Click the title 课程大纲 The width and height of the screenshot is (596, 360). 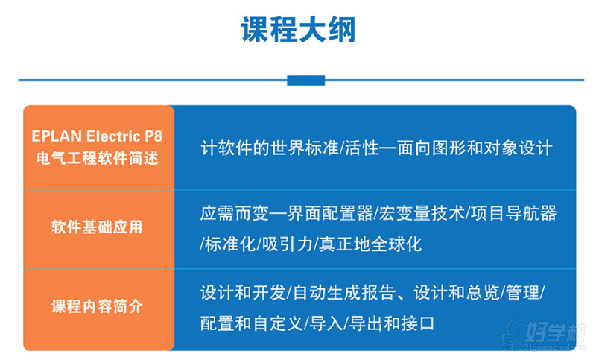299,30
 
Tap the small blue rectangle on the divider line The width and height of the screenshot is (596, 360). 306,80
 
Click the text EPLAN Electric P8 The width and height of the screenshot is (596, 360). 97,136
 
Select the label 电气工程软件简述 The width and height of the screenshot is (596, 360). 98,158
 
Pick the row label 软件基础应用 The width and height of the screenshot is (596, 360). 97,227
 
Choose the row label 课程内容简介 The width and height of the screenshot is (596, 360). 97,306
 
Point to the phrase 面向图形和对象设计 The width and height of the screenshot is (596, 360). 475,148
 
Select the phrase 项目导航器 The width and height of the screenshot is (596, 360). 513,213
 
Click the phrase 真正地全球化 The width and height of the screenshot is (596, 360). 370,244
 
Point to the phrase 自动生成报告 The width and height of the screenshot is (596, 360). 344,293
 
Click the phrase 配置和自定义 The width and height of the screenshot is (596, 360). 251,324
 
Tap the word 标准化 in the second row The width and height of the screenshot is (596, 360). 229,244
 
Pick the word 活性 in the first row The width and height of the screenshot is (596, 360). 362,148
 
